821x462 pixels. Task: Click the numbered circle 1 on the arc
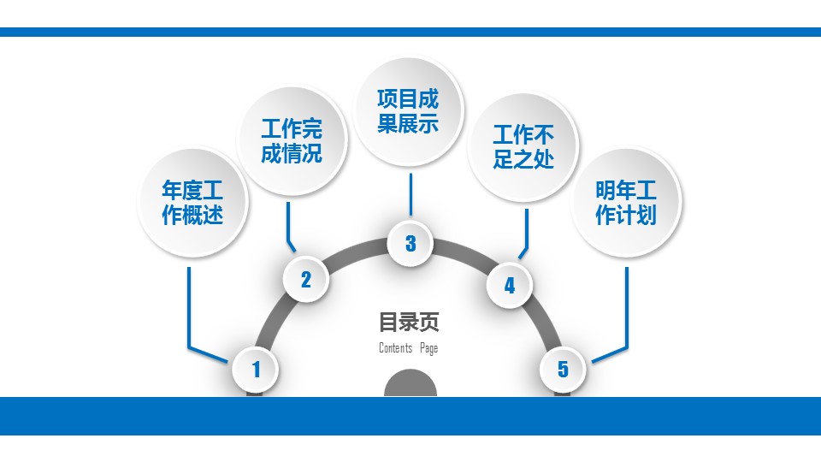pos(256,370)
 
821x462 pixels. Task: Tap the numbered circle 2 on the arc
pos(306,279)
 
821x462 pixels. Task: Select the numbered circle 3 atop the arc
pos(410,243)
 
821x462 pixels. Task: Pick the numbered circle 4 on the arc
pos(510,285)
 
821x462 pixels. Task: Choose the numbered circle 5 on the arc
pos(563,369)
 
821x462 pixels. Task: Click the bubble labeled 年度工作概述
pos(192,203)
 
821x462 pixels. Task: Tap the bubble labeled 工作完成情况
pos(292,142)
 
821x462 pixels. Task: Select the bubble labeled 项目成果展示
pos(409,110)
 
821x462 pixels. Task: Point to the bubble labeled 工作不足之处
pos(523,147)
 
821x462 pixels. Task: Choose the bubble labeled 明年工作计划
pos(626,203)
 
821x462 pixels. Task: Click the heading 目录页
pos(409,323)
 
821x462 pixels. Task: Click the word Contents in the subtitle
pos(395,348)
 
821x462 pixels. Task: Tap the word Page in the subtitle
pos(428,348)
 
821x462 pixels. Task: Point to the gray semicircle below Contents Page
pos(410,384)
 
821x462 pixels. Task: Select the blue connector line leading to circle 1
pos(188,308)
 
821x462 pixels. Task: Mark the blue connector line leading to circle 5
pos(627,308)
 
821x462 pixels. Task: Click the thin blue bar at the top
pos(410,32)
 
